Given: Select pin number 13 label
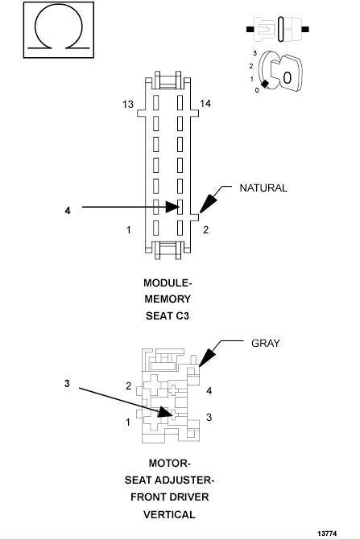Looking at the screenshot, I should coord(128,105).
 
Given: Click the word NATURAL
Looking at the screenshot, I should coord(263,188).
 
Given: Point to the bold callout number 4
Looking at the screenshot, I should coord(68,210).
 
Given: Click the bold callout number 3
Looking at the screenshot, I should coord(68,383).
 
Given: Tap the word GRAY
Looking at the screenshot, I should coord(265,342).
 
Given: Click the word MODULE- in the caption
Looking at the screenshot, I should coord(168,283).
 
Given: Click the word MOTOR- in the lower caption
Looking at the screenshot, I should coord(168,464).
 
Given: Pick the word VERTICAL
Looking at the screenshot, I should coord(168,513).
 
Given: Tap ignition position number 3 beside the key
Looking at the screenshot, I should coord(254,52).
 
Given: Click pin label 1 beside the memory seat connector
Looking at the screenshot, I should coord(129,231).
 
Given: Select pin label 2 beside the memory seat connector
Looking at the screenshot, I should coord(205,231).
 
